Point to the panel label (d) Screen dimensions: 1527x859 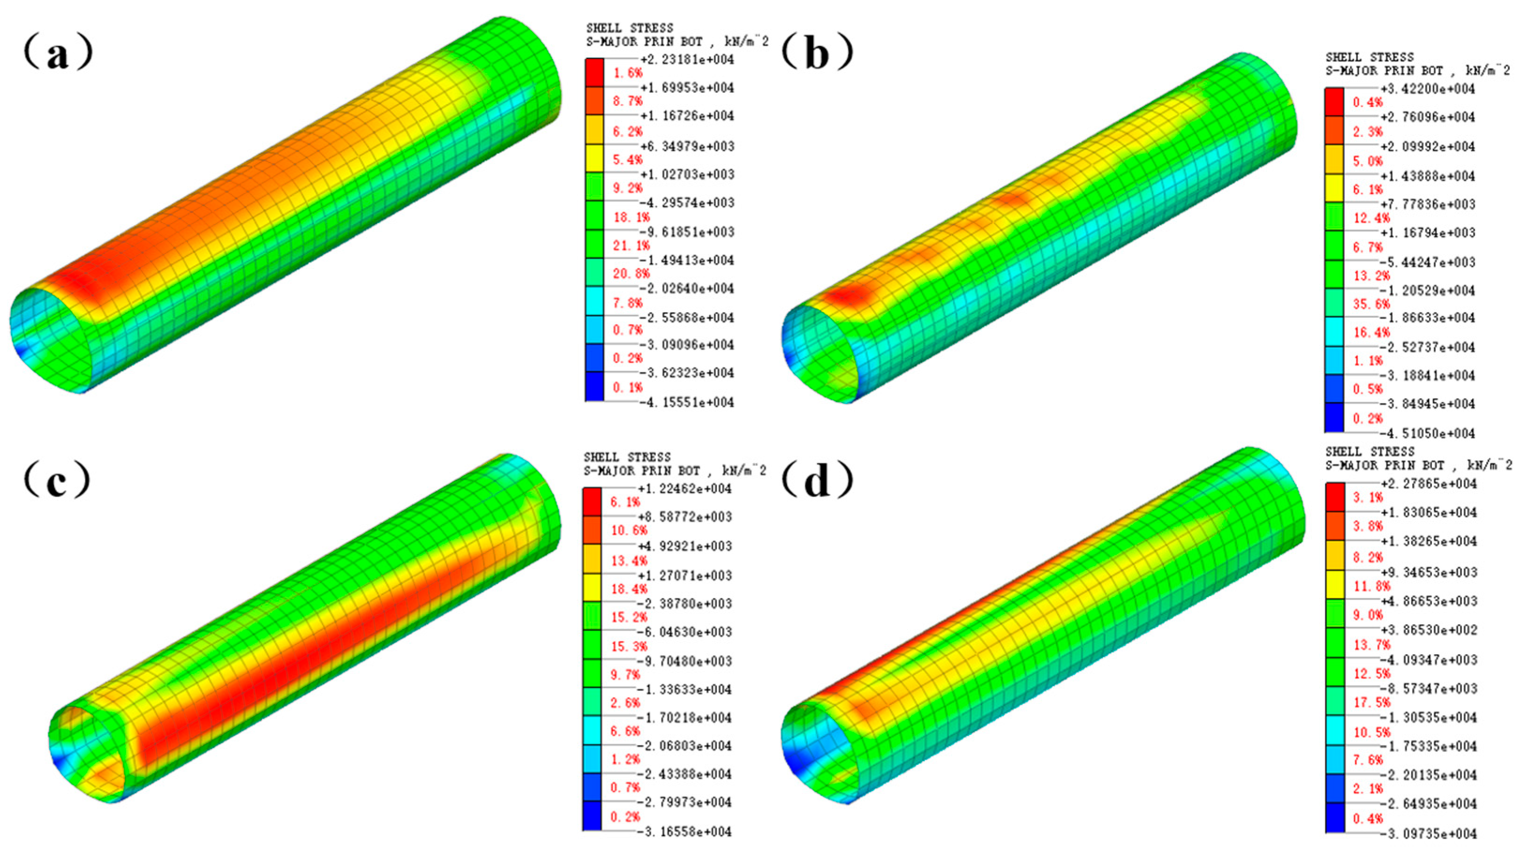(x=817, y=481)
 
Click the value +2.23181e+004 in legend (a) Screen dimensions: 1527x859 (x=687, y=60)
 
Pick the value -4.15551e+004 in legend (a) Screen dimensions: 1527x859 (x=687, y=403)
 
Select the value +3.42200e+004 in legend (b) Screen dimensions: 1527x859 (x=1428, y=89)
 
